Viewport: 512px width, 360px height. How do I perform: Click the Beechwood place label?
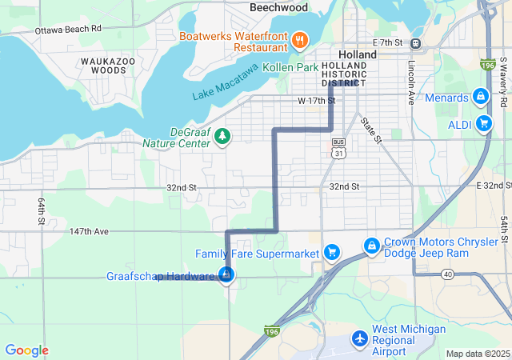(x=278, y=7)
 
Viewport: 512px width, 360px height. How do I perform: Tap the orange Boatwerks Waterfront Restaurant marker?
(x=300, y=39)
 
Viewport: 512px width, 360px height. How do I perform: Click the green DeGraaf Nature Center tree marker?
(x=222, y=137)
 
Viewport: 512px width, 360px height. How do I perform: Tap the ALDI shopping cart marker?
(x=483, y=123)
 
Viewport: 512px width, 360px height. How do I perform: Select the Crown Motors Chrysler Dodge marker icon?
(x=371, y=246)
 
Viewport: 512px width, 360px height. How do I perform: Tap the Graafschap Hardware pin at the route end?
(x=226, y=275)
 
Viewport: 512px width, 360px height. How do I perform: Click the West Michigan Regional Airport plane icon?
(x=360, y=340)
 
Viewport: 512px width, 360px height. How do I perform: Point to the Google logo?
(x=26, y=350)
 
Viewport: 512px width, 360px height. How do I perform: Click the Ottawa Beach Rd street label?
(x=68, y=30)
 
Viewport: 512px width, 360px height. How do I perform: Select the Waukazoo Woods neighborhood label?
(x=103, y=66)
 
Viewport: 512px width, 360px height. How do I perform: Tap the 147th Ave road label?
(x=88, y=231)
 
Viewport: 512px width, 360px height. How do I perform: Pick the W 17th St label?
(x=315, y=101)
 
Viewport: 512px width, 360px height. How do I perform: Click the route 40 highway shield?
(x=447, y=274)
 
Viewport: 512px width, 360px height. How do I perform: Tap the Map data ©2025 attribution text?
(x=477, y=354)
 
